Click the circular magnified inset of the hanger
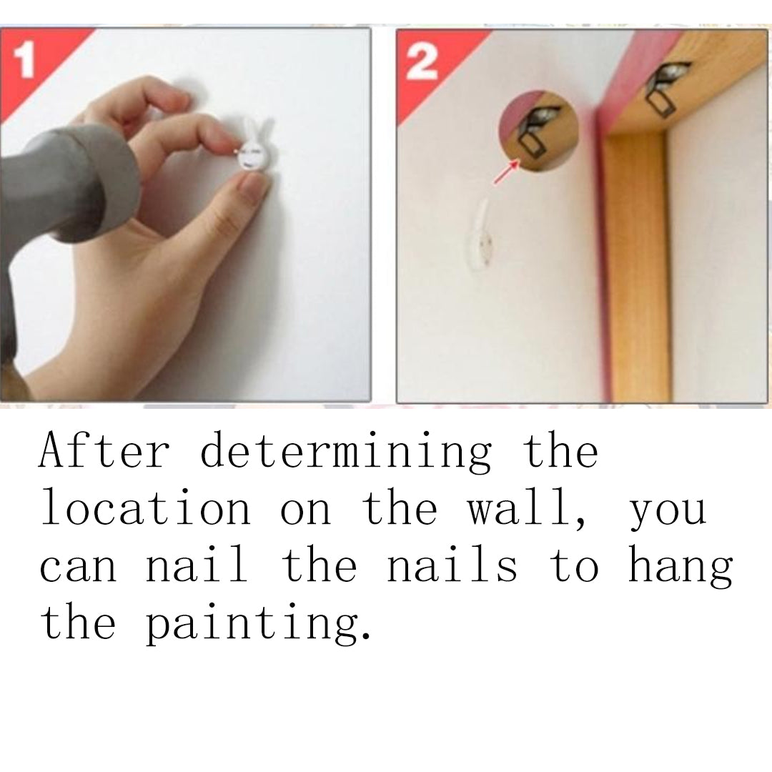click(538, 131)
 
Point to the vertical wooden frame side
click(635, 266)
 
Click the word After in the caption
click(104, 450)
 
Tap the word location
click(147, 508)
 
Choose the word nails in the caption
click(452, 564)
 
